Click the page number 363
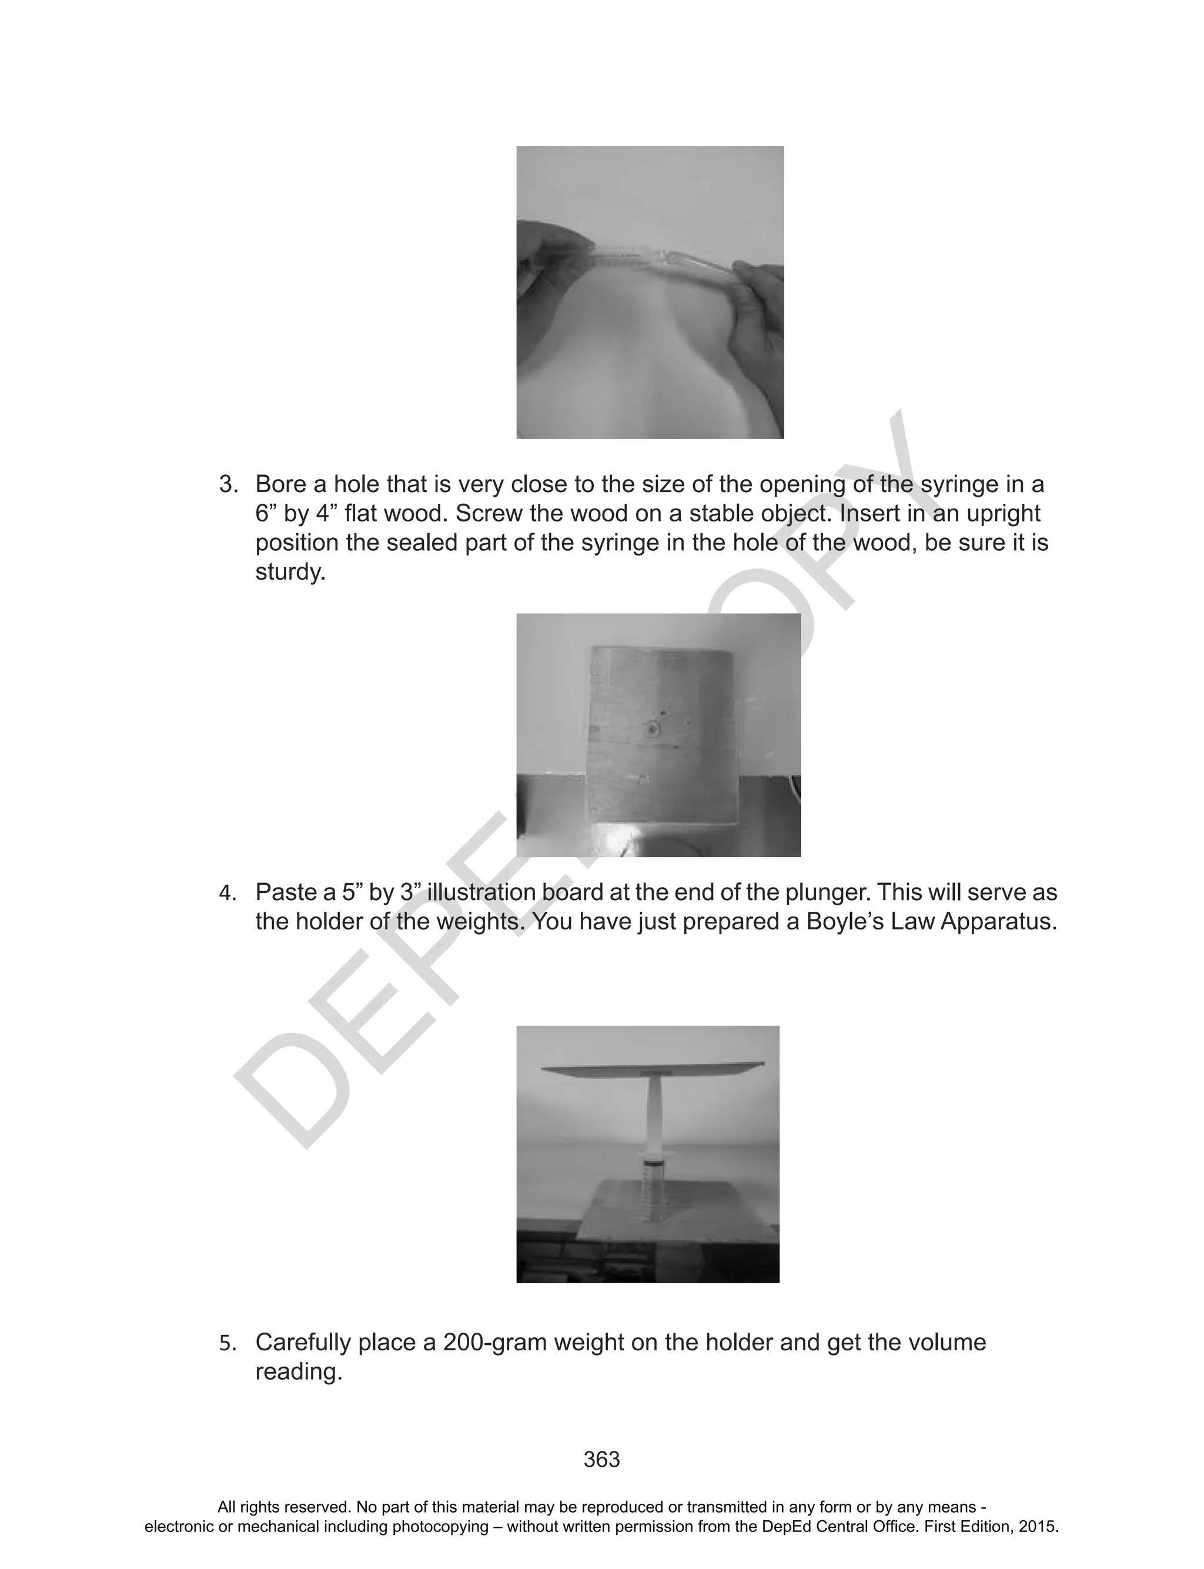[x=601, y=1460]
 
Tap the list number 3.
[x=228, y=485]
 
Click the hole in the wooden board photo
[x=651, y=730]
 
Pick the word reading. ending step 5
[x=299, y=1372]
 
